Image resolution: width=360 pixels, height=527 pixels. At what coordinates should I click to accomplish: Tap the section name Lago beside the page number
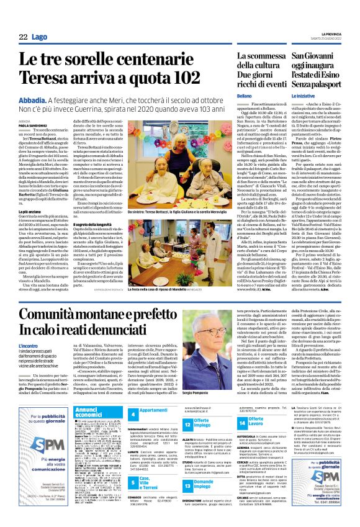(38, 38)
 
